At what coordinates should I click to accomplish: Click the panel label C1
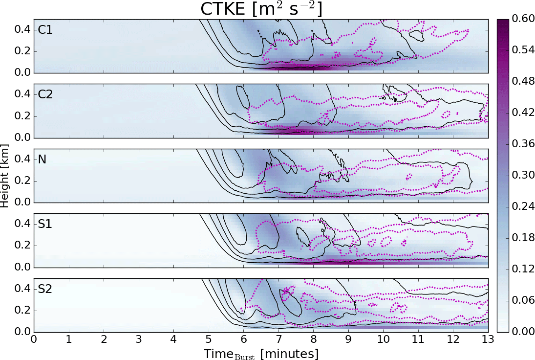point(45,30)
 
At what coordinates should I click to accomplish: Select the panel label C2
point(45,94)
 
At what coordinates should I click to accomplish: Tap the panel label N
point(42,159)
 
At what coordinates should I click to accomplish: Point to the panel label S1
point(45,224)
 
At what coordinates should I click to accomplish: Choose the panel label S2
point(45,289)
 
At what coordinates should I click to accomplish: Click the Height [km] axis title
point(5,176)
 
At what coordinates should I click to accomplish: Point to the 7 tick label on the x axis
point(279,339)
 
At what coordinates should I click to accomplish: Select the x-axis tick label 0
point(34,339)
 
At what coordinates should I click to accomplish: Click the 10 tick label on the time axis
point(383,339)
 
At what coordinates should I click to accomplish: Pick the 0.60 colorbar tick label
point(523,19)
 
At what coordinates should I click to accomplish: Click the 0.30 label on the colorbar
point(523,175)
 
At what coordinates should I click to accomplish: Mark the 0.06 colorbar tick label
point(523,300)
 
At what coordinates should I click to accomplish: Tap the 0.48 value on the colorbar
point(523,81)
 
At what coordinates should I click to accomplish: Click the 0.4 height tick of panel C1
point(22,30)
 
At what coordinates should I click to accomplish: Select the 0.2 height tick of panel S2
point(22,310)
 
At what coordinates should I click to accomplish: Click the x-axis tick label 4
point(174,339)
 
